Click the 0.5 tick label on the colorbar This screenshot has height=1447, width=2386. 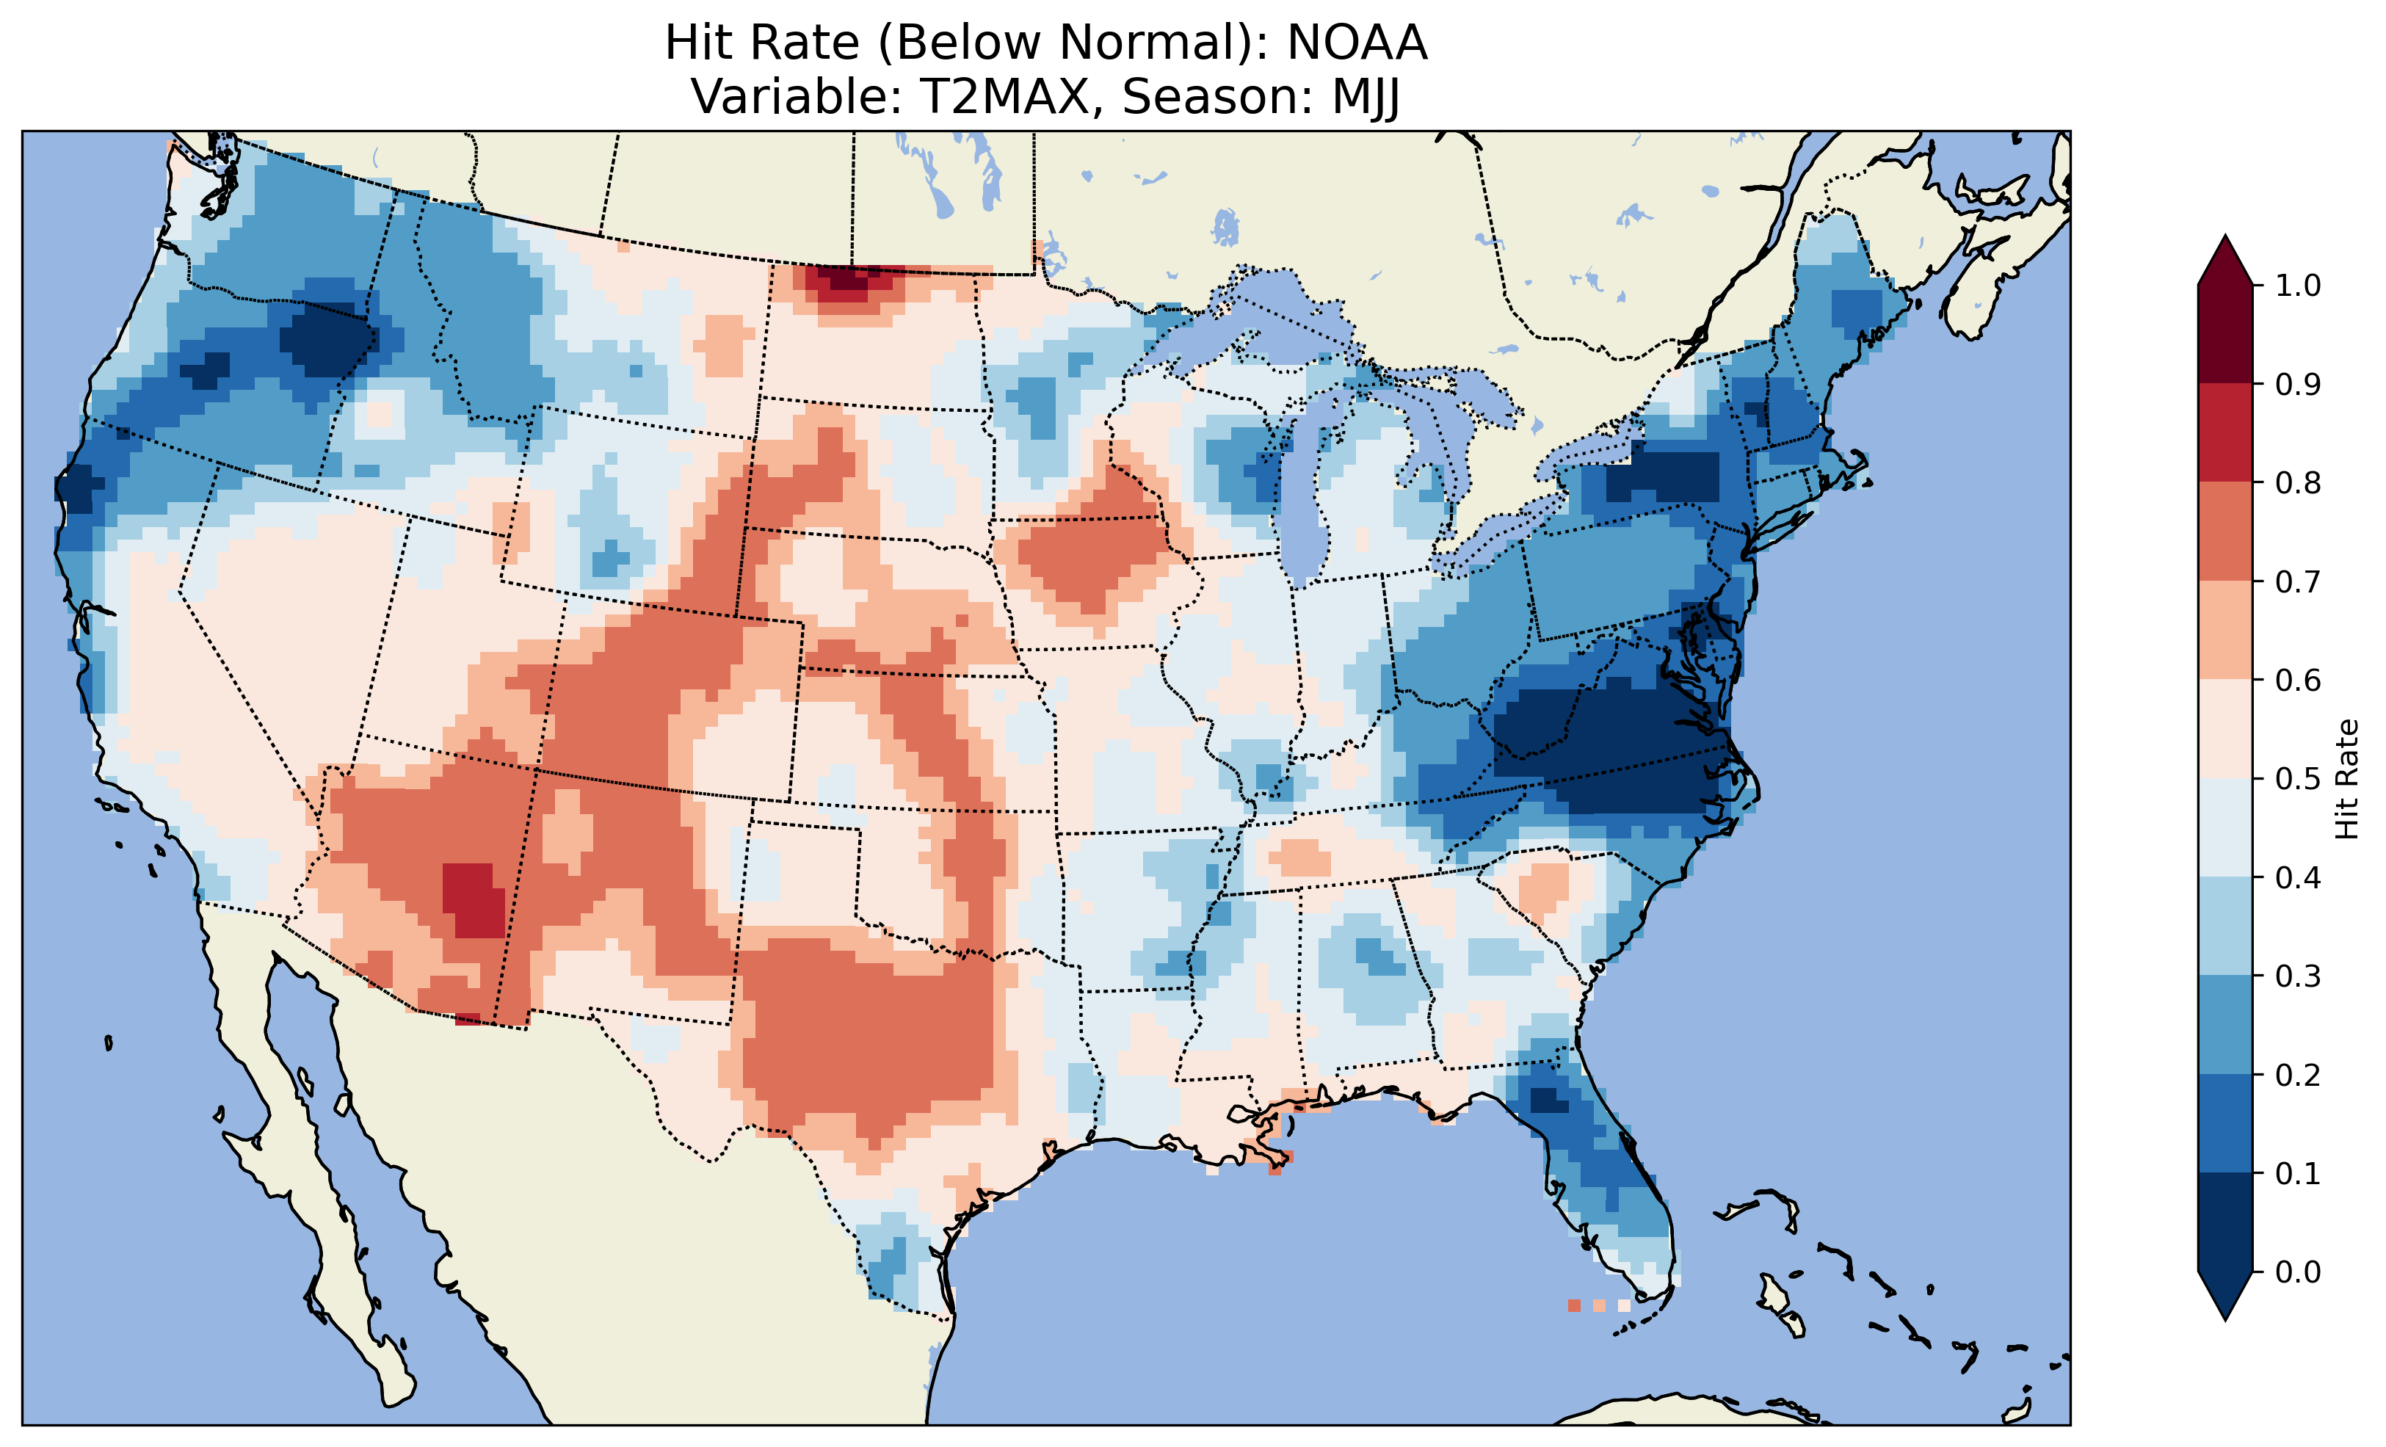pos(2299,779)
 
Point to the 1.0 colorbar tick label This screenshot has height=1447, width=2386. pos(2299,286)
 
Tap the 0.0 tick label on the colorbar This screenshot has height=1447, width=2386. pos(2299,1272)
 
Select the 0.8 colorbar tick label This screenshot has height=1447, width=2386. pos(2299,482)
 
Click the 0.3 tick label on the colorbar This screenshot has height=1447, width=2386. pos(2299,976)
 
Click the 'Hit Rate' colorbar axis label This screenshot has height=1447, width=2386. pos(2347,780)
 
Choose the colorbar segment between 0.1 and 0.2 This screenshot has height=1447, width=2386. pos(2225,1123)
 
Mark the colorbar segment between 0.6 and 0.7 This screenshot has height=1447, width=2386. pos(2225,630)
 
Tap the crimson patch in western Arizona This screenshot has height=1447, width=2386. pos(473,899)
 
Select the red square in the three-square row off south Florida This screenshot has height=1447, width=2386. pos(1573,1305)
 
